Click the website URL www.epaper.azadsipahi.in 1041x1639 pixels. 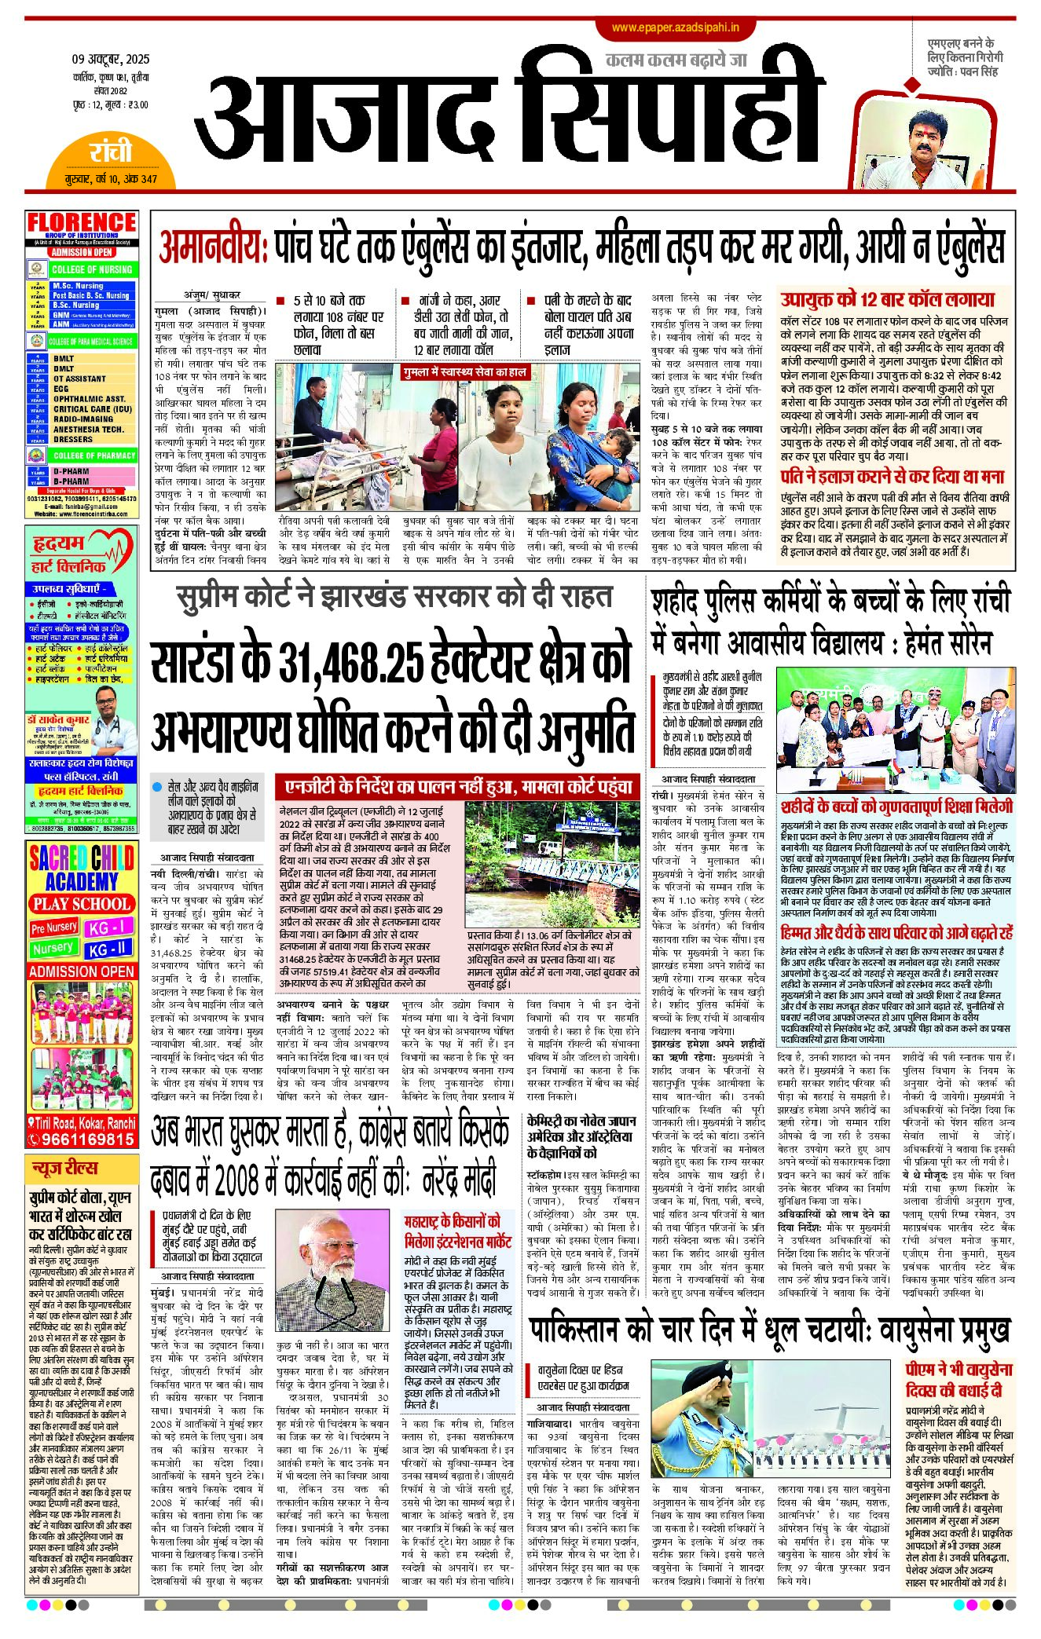click(676, 28)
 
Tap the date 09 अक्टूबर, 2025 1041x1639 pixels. click(110, 60)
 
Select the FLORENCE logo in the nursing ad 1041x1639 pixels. click(82, 223)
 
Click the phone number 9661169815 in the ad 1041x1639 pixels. click(82, 1139)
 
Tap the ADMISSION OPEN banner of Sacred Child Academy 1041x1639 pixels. click(82, 971)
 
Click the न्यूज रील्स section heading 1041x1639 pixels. click(65, 1168)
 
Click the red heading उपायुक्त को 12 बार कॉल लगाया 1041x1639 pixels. click(887, 300)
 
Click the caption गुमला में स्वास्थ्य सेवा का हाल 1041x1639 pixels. click(464, 371)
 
